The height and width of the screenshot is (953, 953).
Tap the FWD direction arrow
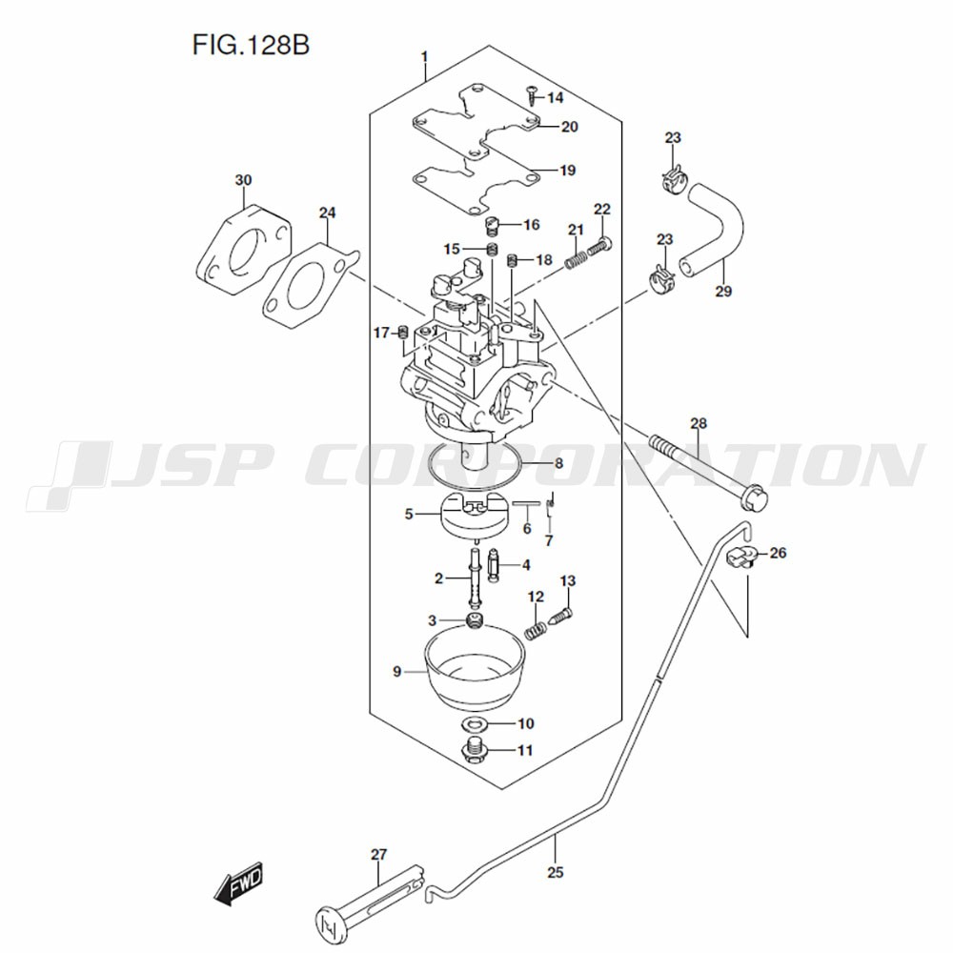[x=237, y=885]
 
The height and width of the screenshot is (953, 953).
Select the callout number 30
[x=244, y=180]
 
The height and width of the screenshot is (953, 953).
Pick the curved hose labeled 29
[x=715, y=229]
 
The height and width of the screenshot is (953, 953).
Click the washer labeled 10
[x=478, y=724]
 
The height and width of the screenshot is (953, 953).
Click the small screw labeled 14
[x=531, y=94]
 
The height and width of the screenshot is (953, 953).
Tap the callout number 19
[x=567, y=172]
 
